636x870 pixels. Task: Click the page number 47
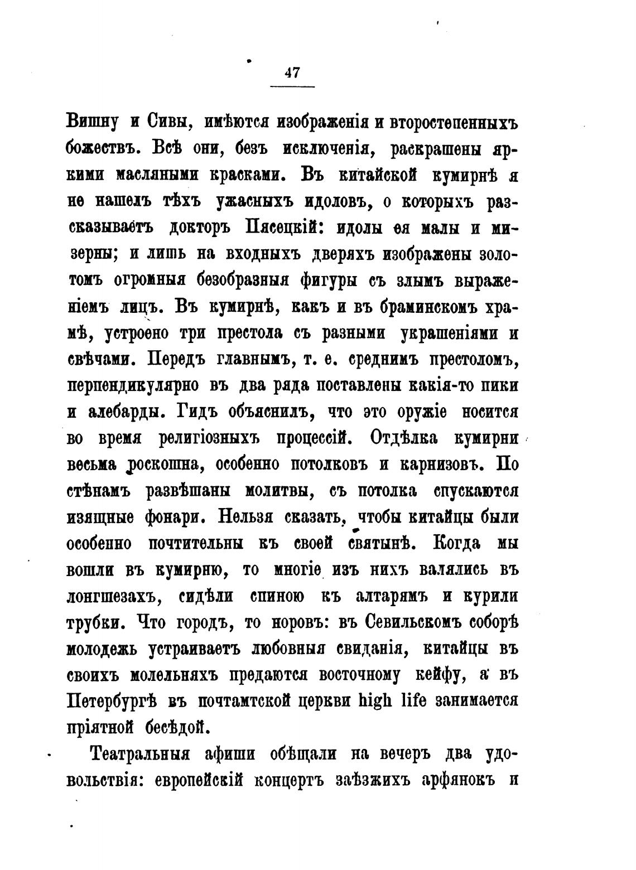tap(292, 73)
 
